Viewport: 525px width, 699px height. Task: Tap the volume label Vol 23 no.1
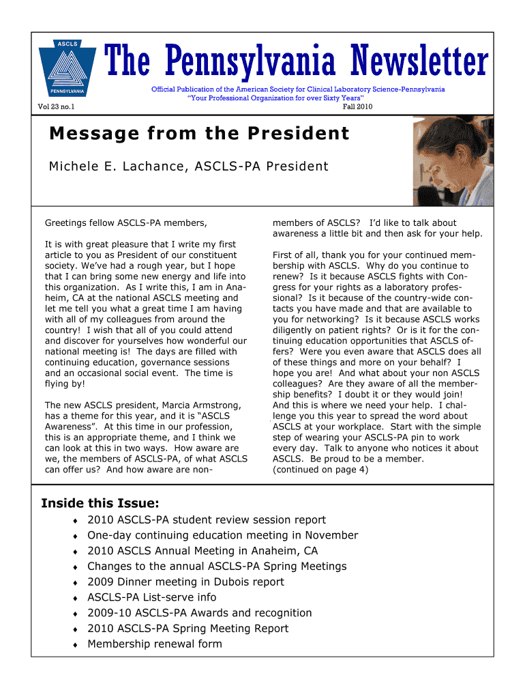point(57,106)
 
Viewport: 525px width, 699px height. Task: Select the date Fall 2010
point(357,106)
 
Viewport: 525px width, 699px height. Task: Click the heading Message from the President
point(199,133)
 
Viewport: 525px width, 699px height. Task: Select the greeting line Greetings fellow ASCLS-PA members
point(125,223)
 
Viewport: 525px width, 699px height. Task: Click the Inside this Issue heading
point(100,503)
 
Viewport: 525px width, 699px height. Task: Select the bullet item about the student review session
point(207,520)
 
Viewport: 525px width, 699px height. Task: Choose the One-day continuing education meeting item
point(222,535)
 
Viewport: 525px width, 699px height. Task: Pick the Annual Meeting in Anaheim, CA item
point(202,551)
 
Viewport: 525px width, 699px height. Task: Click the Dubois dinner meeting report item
point(185,582)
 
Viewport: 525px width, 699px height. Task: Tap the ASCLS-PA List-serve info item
point(151,597)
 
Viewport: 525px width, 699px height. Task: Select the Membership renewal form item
point(155,644)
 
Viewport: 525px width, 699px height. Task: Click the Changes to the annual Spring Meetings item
point(217,567)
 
